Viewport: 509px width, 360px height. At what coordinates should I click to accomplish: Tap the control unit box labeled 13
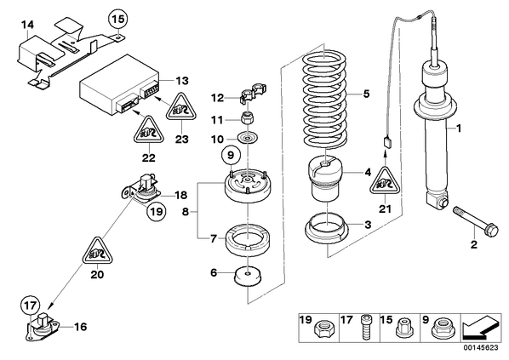(x=119, y=85)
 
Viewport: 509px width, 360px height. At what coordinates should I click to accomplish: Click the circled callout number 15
(x=118, y=19)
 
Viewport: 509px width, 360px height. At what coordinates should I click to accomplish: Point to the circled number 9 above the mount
(x=230, y=156)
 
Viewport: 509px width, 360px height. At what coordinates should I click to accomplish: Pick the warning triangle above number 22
(x=149, y=130)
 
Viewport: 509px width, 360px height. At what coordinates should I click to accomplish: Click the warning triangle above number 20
(x=97, y=251)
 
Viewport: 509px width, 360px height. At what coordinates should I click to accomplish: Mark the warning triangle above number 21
(x=385, y=181)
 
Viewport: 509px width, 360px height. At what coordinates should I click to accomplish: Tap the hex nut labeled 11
(x=248, y=118)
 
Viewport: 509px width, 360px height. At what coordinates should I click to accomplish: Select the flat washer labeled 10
(x=248, y=139)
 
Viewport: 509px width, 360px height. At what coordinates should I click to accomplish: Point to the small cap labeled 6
(x=248, y=277)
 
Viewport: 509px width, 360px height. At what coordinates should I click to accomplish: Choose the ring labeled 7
(x=248, y=241)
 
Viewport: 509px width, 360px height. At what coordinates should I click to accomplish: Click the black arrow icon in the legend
(x=481, y=327)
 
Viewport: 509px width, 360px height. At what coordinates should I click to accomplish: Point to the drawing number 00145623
(x=480, y=348)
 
